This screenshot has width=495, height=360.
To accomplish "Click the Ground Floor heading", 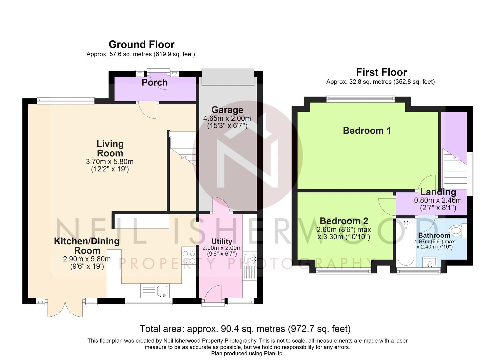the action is (x=141, y=44).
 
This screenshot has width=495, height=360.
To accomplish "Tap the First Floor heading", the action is (x=381, y=72).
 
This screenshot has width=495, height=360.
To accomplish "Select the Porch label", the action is (x=154, y=82).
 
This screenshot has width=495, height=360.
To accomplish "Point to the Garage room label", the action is (x=227, y=110).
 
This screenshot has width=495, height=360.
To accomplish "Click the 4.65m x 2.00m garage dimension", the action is (x=227, y=118).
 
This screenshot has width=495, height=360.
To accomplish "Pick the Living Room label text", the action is (x=110, y=149).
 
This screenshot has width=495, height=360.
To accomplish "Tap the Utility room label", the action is (x=222, y=241).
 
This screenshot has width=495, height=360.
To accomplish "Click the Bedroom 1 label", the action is (x=367, y=131).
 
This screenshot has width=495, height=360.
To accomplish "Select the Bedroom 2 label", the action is (x=344, y=221).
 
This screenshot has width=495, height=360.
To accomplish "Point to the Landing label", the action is (x=438, y=192).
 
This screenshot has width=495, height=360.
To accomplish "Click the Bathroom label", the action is (x=434, y=235).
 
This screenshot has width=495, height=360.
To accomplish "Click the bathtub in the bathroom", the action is (x=406, y=243).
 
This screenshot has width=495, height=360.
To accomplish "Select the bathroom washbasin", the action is (x=430, y=262).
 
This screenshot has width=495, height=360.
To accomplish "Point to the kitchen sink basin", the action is (x=162, y=290).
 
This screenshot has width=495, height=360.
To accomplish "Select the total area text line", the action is (x=245, y=329).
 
